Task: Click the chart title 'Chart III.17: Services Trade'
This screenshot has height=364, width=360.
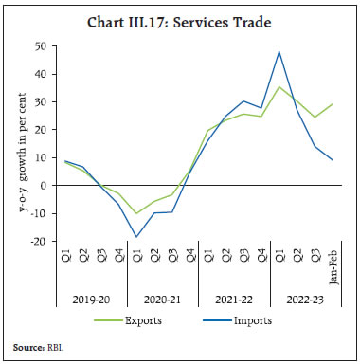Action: click(179, 13)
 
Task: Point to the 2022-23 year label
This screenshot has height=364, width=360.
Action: click(303, 298)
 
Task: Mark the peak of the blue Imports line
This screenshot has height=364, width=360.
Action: click(278, 51)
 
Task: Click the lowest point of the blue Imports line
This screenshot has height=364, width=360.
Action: click(137, 237)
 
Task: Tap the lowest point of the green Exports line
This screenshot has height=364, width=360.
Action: click(137, 213)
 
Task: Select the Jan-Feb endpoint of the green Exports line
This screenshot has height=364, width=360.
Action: click(332, 104)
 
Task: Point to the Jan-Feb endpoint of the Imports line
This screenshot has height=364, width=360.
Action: click(332, 159)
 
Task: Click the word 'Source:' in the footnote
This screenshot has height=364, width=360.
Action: click(27, 349)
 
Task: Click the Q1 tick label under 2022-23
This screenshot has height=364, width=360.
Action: click(278, 254)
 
